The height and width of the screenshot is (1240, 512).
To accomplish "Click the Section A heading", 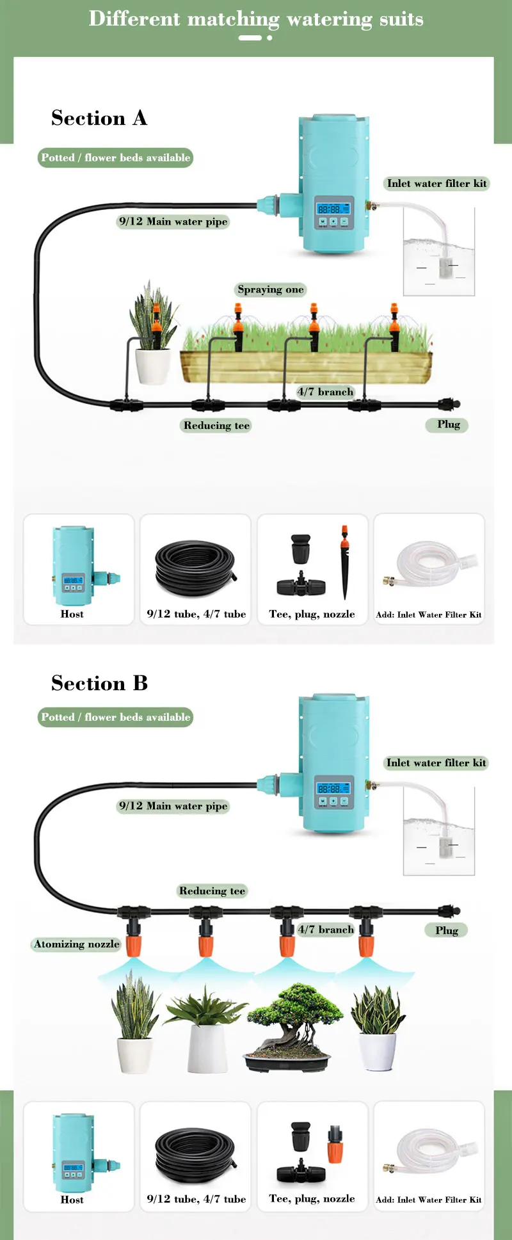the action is coord(99,118).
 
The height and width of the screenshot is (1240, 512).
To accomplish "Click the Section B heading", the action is coord(99,684).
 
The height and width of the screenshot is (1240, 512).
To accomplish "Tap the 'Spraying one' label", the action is coord(271,289).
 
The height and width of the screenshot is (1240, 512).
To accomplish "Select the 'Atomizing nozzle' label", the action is coord(77,944).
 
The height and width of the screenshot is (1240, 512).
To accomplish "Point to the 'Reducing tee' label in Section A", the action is coord(216,426).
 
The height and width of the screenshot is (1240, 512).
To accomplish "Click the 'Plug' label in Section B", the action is coord(447,930).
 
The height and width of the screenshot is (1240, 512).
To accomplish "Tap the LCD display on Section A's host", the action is coord(333,209).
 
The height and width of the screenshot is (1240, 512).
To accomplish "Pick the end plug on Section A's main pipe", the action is coord(449,403).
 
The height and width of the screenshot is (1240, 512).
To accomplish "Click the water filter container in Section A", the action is coord(439,252).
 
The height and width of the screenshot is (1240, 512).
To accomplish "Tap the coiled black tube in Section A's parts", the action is coord(196,568).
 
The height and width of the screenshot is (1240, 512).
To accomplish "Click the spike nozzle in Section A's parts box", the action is coord(345,562).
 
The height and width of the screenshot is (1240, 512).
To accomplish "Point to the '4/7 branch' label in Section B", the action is coord(326,930).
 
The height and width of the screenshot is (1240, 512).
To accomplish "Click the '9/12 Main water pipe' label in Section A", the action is coord(173,221).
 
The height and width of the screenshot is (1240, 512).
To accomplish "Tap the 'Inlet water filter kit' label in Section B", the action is coord(436,762).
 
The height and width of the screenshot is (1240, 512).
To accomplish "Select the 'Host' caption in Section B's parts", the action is coord(72,1200).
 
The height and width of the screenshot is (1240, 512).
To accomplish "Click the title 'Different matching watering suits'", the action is coord(256,19).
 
